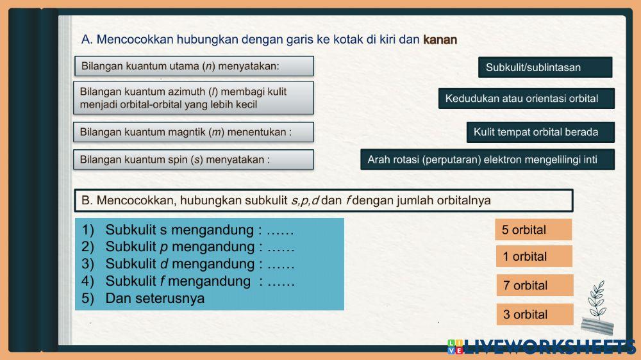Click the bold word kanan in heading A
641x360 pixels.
pos(440,40)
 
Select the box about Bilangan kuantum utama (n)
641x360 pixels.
pos(194,66)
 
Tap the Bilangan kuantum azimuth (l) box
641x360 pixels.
pos(194,98)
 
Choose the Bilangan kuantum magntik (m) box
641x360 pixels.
pos(194,133)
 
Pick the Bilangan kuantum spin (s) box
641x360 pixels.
pos(194,160)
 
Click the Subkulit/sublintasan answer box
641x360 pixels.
pos(545,67)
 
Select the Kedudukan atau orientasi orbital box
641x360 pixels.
pos(526,99)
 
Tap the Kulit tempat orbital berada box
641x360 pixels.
pos(540,133)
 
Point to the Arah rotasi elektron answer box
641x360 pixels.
pos(487,160)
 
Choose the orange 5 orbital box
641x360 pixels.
pos(533,229)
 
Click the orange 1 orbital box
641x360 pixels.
pos(533,257)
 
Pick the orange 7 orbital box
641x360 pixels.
pos(534,285)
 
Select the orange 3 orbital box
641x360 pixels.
pos(534,315)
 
